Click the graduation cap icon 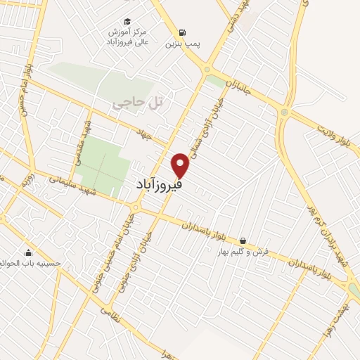click(x=127, y=21)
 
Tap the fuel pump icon click(x=183, y=32)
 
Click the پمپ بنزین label click(x=183, y=44)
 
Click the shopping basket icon click(x=243, y=240)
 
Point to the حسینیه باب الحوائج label click(x=31, y=264)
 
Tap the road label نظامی click(x=110, y=313)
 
